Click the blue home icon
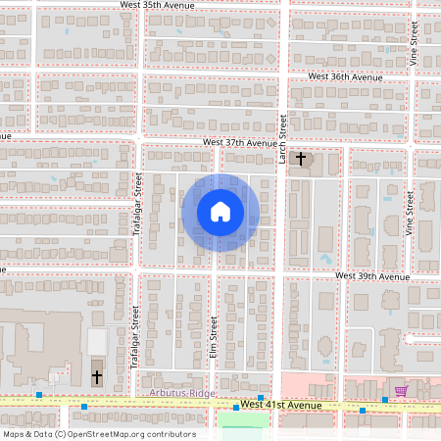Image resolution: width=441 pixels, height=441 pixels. [220, 212]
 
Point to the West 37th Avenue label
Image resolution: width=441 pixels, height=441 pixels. [240, 142]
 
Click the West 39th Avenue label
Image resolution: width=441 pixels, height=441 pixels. [371, 276]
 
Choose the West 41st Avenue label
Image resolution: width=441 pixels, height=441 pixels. [281, 406]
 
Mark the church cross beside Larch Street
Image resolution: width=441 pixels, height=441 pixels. [301, 158]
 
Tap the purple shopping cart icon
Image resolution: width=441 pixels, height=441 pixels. [400, 392]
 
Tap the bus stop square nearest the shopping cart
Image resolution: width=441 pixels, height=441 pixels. [384, 401]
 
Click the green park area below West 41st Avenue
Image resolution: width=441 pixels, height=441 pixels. [242, 421]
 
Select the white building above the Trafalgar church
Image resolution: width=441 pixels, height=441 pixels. [97, 342]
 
